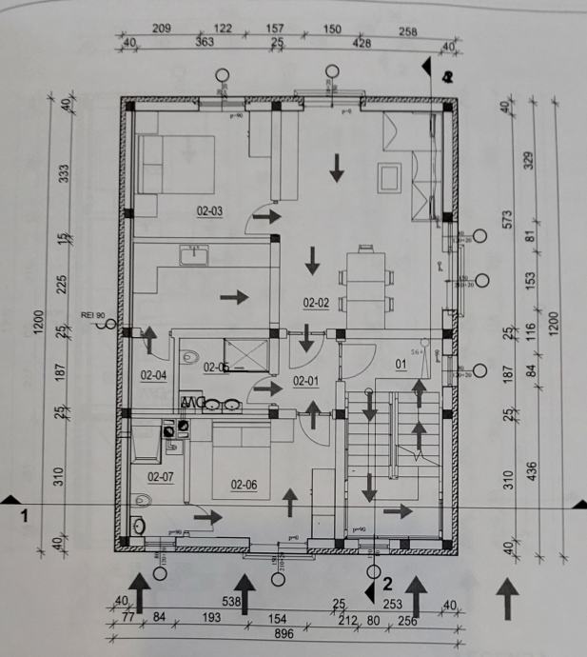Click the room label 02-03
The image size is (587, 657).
[209, 211]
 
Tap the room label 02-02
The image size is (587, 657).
[316, 303]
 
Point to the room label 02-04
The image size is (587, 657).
[153, 375]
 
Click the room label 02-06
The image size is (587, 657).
[245, 484]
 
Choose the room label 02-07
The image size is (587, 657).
[160, 476]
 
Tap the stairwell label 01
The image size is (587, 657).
[401, 363]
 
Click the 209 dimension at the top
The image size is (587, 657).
[161, 30]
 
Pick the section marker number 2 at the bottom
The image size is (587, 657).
[387, 579]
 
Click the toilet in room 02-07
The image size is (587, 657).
[142, 499]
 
